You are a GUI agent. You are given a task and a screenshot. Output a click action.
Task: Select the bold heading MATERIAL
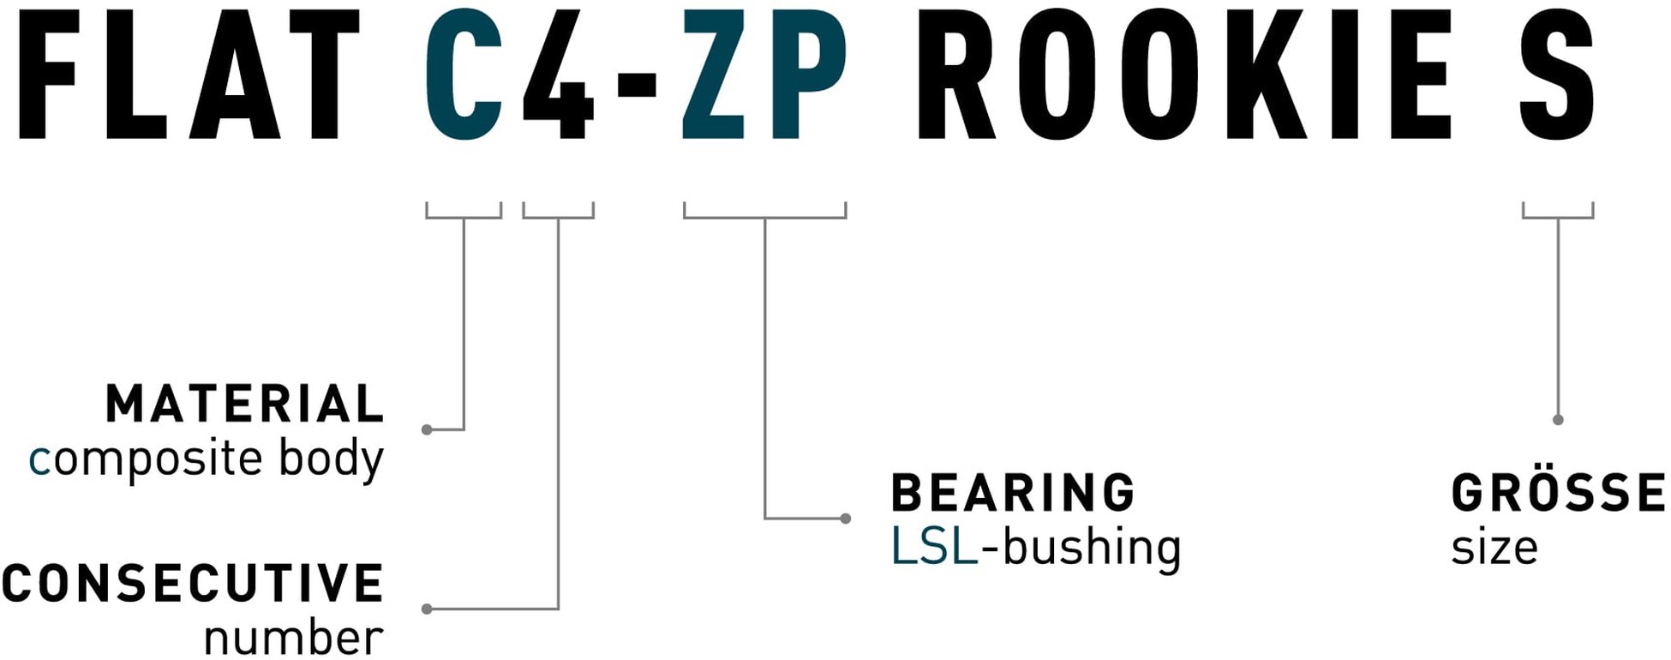(x=245, y=404)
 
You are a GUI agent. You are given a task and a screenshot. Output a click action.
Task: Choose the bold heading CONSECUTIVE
(x=193, y=583)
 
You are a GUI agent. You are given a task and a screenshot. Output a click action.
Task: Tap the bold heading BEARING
(x=1014, y=493)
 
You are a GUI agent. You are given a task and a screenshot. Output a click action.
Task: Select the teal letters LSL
(x=934, y=547)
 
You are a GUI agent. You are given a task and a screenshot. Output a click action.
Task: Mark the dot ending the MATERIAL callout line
(x=427, y=429)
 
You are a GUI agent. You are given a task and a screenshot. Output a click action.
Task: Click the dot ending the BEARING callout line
(x=846, y=519)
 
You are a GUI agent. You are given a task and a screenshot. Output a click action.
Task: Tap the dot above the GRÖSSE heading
(x=1558, y=420)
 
